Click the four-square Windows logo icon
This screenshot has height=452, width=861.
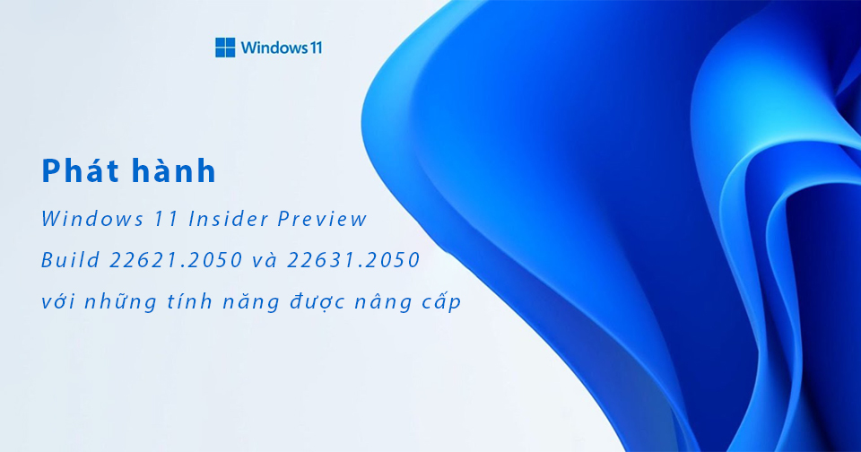(225, 48)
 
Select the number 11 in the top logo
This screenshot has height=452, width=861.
(314, 48)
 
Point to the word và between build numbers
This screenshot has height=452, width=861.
(265, 260)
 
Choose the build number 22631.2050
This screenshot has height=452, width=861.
(354, 260)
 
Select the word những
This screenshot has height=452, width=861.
(123, 303)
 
